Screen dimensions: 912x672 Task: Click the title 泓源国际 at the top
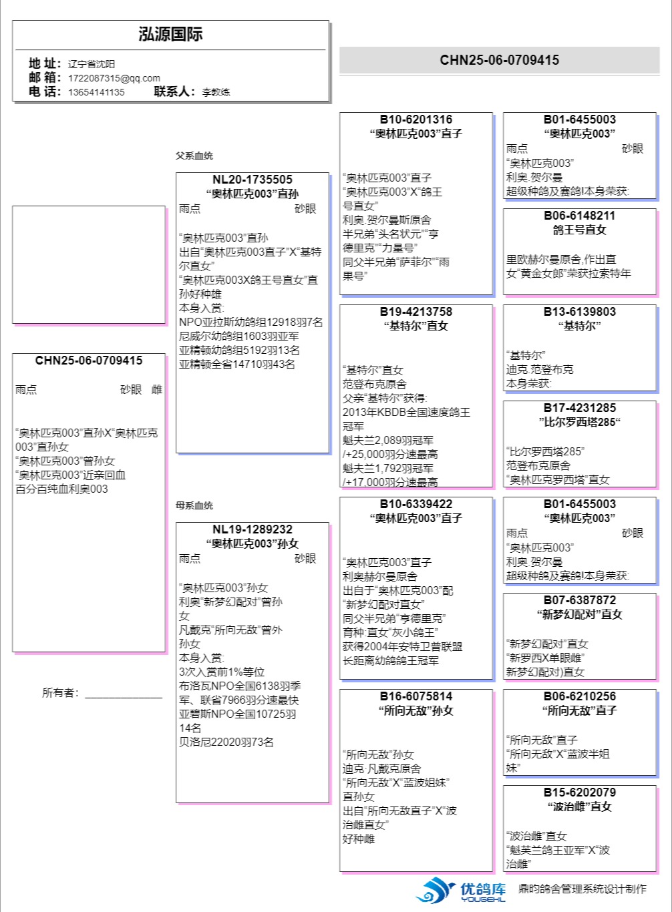pyautogui.click(x=170, y=35)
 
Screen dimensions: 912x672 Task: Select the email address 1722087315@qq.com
pyautogui.click(x=114, y=78)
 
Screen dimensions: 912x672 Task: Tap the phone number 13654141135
pyautogui.click(x=96, y=92)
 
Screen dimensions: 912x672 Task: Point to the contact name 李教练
pyautogui.click(x=216, y=92)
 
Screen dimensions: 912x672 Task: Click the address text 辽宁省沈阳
pyautogui.click(x=92, y=64)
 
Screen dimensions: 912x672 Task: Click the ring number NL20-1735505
pyautogui.click(x=252, y=180)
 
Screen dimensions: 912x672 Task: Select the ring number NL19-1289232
pyautogui.click(x=252, y=529)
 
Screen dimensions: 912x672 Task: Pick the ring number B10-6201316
pyautogui.click(x=415, y=120)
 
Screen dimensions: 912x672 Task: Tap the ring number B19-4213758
pyautogui.click(x=415, y=312)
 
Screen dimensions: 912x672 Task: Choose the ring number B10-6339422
pyautogui.click(x=415, y=504)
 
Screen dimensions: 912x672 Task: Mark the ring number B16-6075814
pyautogui.click(x=415, y=696)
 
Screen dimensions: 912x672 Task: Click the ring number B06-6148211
pyautogui.click(x=579, y=216)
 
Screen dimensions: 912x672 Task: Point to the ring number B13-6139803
pyautogui.click(x=579, y=312)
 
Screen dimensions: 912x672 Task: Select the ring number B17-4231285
pyautogui.click(x=579, y=408)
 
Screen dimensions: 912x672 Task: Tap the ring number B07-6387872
pyautogui.click(x=579, y=600)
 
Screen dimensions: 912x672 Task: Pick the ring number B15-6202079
pyautogui.click(x=579, y=792)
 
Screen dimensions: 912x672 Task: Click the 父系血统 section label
pyautogui.click(x=194, y=156)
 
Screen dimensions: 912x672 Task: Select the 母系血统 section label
pyautogui.click(x=194, y=505)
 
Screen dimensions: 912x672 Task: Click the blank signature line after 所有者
pyautogui.click(x=123, y=696)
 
